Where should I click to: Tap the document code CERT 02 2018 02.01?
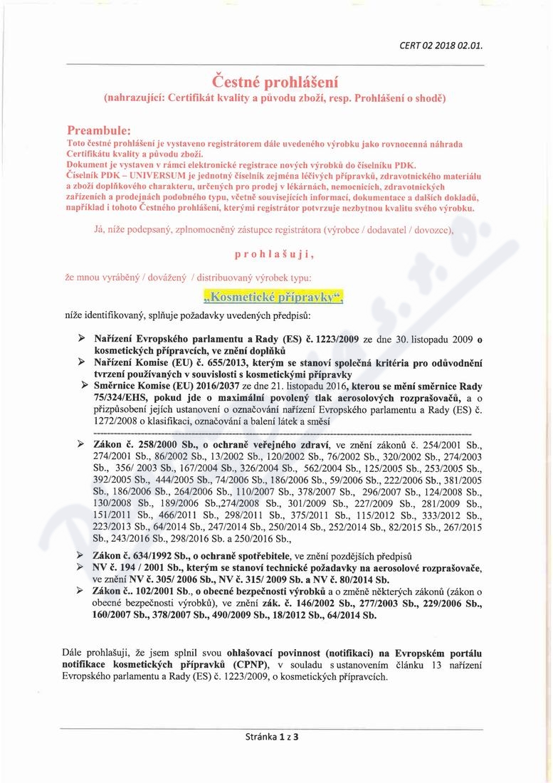pos(441,46)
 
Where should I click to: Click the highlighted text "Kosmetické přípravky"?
pos(273,298)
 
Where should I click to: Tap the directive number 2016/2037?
pos(221,384)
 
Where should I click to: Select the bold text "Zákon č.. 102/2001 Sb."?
pos(147,592)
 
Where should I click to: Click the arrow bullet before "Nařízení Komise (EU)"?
pos(83,362)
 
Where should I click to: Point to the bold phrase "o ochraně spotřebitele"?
pos(243,555)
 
